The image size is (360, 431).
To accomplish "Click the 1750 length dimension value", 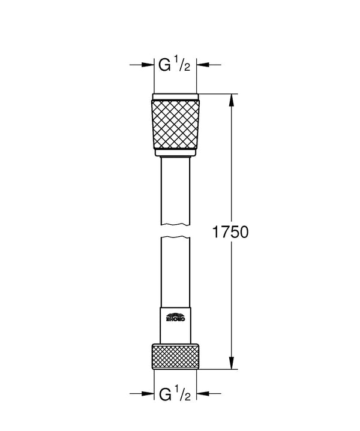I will pos(230,232).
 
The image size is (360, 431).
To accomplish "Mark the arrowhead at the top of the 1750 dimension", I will pos(230,100).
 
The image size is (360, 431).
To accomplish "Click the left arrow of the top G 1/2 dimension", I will pos(147,65).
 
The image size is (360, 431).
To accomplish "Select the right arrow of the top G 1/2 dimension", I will pos(203,65).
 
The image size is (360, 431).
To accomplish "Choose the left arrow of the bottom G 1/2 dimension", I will pos(147,394).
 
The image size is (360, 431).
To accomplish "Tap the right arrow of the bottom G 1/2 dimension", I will pos(203,394).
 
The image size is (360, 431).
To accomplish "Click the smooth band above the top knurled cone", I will pos(175,97).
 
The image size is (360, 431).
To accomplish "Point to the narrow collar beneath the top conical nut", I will pos(175,154).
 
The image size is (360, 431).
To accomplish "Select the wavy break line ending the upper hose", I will pos(175,224).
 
